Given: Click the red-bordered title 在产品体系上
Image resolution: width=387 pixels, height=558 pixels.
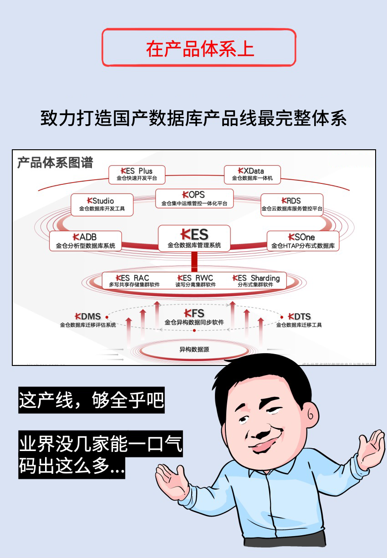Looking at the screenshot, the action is [x=199, y=48].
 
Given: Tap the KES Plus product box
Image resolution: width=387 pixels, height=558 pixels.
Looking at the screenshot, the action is [x=137, y=175].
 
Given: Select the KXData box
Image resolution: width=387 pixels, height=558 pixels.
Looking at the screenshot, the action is [x=252, y=175].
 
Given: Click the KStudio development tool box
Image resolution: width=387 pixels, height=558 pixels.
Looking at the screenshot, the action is [x=102, y=205].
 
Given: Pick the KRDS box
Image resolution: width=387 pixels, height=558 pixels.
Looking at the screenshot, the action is [x=292, y=205].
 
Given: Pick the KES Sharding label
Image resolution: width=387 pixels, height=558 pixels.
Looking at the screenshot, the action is [x=256, y=281].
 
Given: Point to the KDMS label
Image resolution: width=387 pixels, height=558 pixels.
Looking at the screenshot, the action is [x=88, y=320].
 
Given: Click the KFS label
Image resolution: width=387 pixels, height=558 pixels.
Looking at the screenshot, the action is [x=194, y=317].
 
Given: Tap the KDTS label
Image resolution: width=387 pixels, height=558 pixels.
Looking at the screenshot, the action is [x=299, y=320].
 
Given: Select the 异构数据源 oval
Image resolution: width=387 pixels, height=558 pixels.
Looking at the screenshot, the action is [x=194, y=350].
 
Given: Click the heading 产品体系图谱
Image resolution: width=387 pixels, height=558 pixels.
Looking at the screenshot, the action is [x=55, y=162].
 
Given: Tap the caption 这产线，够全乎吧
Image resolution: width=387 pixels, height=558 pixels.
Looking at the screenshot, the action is [x=91, y=401].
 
